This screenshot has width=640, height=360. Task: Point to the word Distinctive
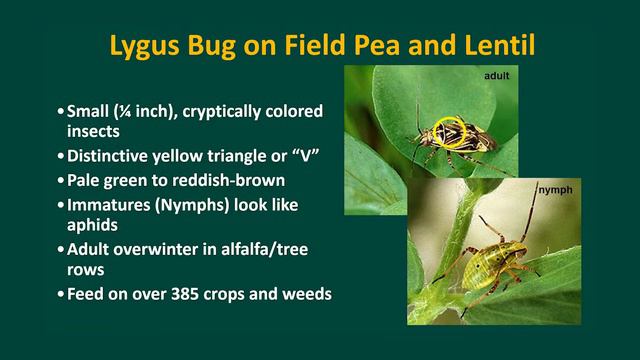tap(109, 157)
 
